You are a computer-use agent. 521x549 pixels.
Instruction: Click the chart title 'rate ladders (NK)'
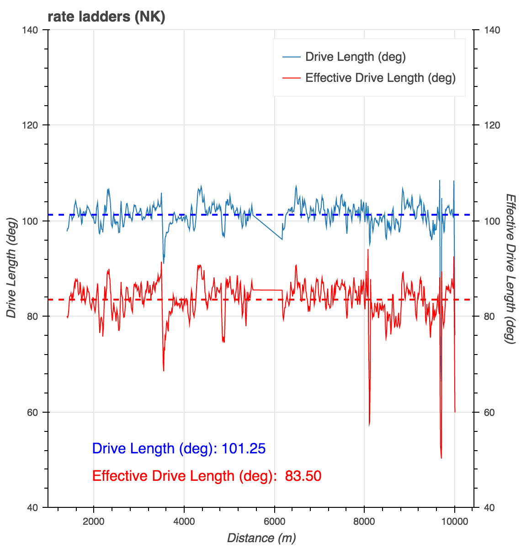point(106,17)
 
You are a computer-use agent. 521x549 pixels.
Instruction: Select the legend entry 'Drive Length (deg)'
point(355,57)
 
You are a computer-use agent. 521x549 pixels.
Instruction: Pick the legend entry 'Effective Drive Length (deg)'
point(380,78)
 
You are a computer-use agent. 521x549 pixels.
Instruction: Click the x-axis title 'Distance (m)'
point(261,538)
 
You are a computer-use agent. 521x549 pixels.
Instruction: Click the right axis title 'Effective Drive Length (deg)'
point(510,269)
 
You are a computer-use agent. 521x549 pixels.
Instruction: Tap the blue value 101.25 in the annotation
point(243,448)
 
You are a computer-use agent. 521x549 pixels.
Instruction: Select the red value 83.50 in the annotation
point(303,476)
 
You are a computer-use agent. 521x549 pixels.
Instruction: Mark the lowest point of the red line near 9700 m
point(441,457)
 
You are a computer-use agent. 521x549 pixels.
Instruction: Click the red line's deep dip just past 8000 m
point(369,425)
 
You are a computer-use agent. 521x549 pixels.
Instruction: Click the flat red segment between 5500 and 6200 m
point(267,290)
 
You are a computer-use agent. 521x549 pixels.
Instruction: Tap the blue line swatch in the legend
point(291,57)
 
